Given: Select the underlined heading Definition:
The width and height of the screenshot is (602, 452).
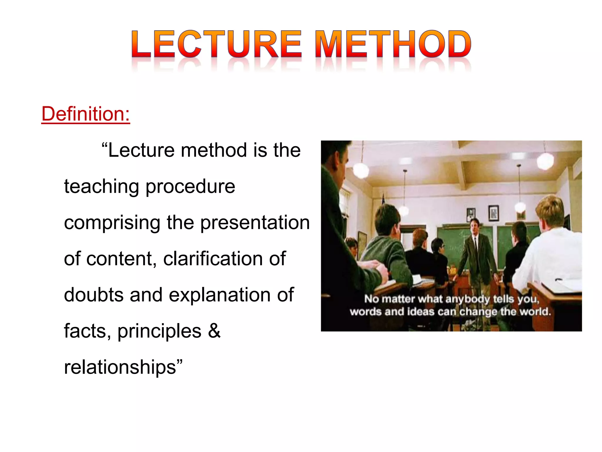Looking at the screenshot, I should [86, 114].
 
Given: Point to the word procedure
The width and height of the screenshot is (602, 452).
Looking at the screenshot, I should [190, 187].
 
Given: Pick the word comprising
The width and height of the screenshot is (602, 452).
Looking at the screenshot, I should [112, 223].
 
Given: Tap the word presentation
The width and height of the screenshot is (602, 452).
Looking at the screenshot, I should [255, 223].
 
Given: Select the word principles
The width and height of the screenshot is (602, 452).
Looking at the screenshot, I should [159, 331].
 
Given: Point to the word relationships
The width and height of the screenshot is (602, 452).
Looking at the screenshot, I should [120, 367].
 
